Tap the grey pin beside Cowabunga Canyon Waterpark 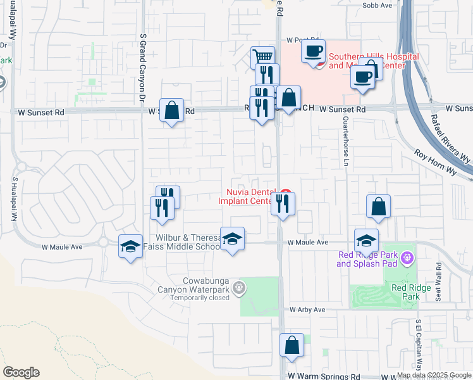(238, 288)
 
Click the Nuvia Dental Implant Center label (249, 197)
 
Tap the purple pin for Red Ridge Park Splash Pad (406, 258)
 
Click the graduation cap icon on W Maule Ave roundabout (130, 246)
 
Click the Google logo (21, 372)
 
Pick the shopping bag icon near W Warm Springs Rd (292, 345)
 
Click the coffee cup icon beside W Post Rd (313, 51)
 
